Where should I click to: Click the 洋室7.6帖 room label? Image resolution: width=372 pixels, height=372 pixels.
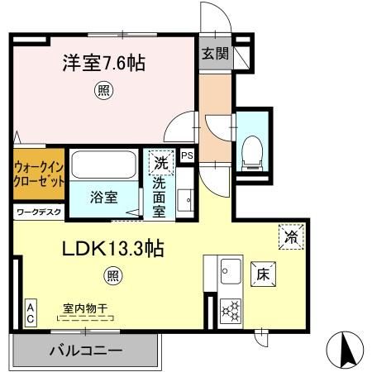point(103,63)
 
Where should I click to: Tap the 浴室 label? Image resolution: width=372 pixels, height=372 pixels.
point(104,198)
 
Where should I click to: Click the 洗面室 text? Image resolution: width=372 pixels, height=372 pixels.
point(160,198)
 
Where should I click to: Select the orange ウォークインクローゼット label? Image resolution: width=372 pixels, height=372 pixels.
point(39,174)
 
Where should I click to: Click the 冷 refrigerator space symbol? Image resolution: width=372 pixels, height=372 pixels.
point(292,236)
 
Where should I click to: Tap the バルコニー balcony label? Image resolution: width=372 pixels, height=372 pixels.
point(85,351)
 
